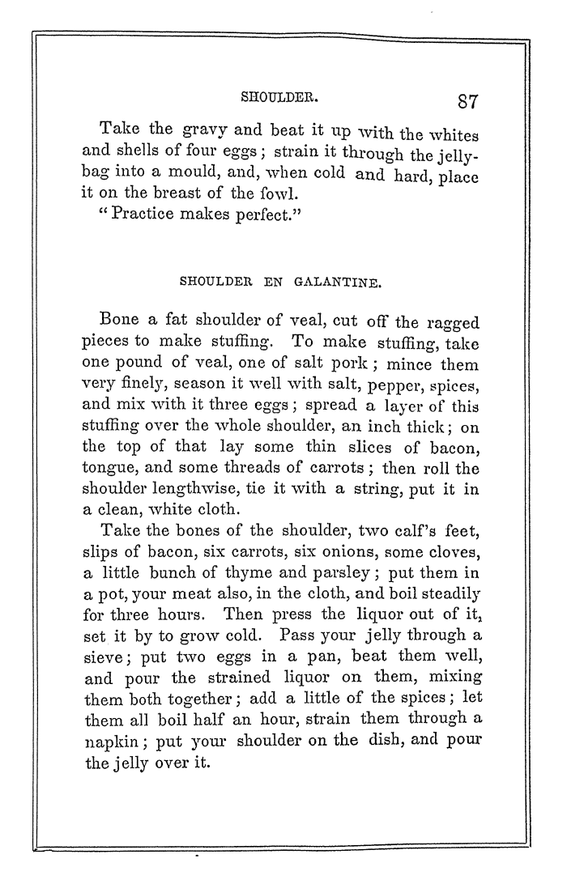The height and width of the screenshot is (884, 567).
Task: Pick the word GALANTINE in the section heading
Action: pos(340,283)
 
